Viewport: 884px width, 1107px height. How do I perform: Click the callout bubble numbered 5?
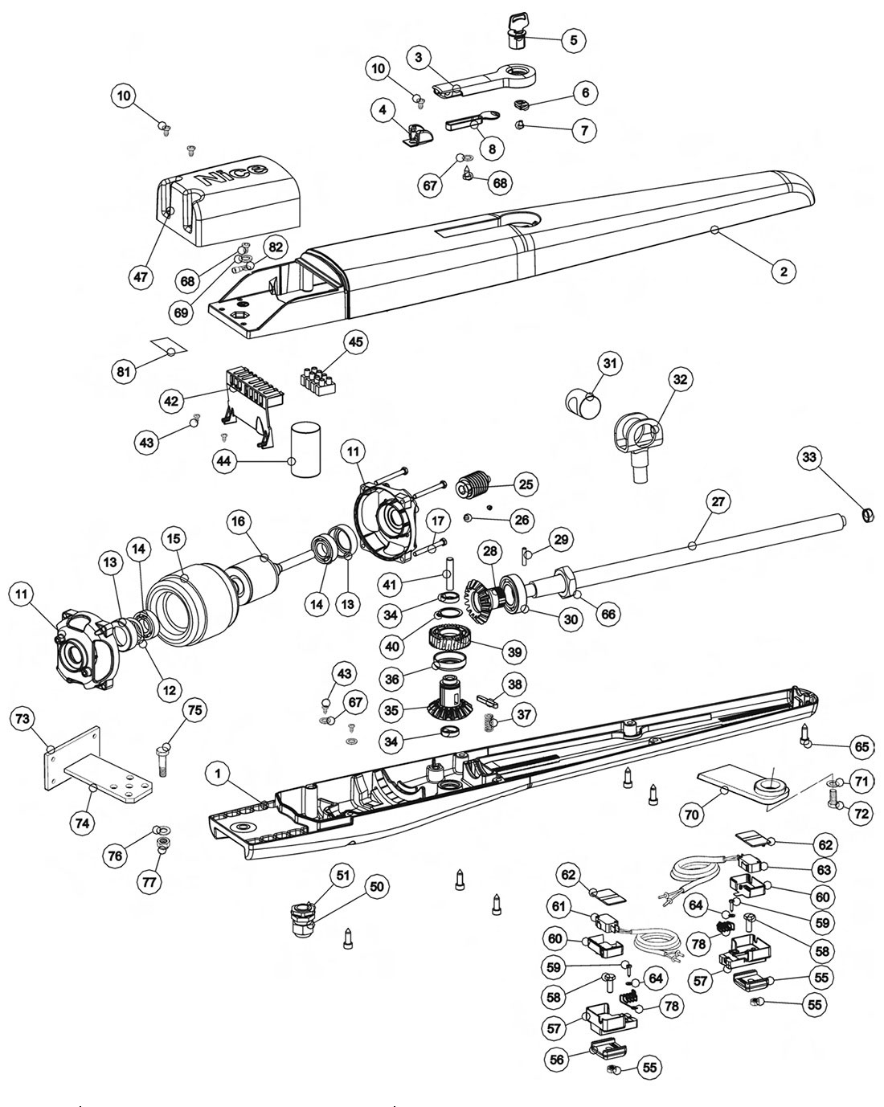(573, 39)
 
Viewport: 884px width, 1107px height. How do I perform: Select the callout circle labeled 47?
(141, 276)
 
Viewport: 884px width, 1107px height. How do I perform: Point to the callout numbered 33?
(809, 459)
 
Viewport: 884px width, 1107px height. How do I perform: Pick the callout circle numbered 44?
(224, 461)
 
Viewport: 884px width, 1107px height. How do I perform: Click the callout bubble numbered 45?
(355, 341)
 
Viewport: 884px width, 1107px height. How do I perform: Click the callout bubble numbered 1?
(215, 774)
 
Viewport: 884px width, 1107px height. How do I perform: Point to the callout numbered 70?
(693, 815)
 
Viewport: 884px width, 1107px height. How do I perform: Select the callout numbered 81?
(123, 371)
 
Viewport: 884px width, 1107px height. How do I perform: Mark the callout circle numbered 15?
(174, 537)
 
